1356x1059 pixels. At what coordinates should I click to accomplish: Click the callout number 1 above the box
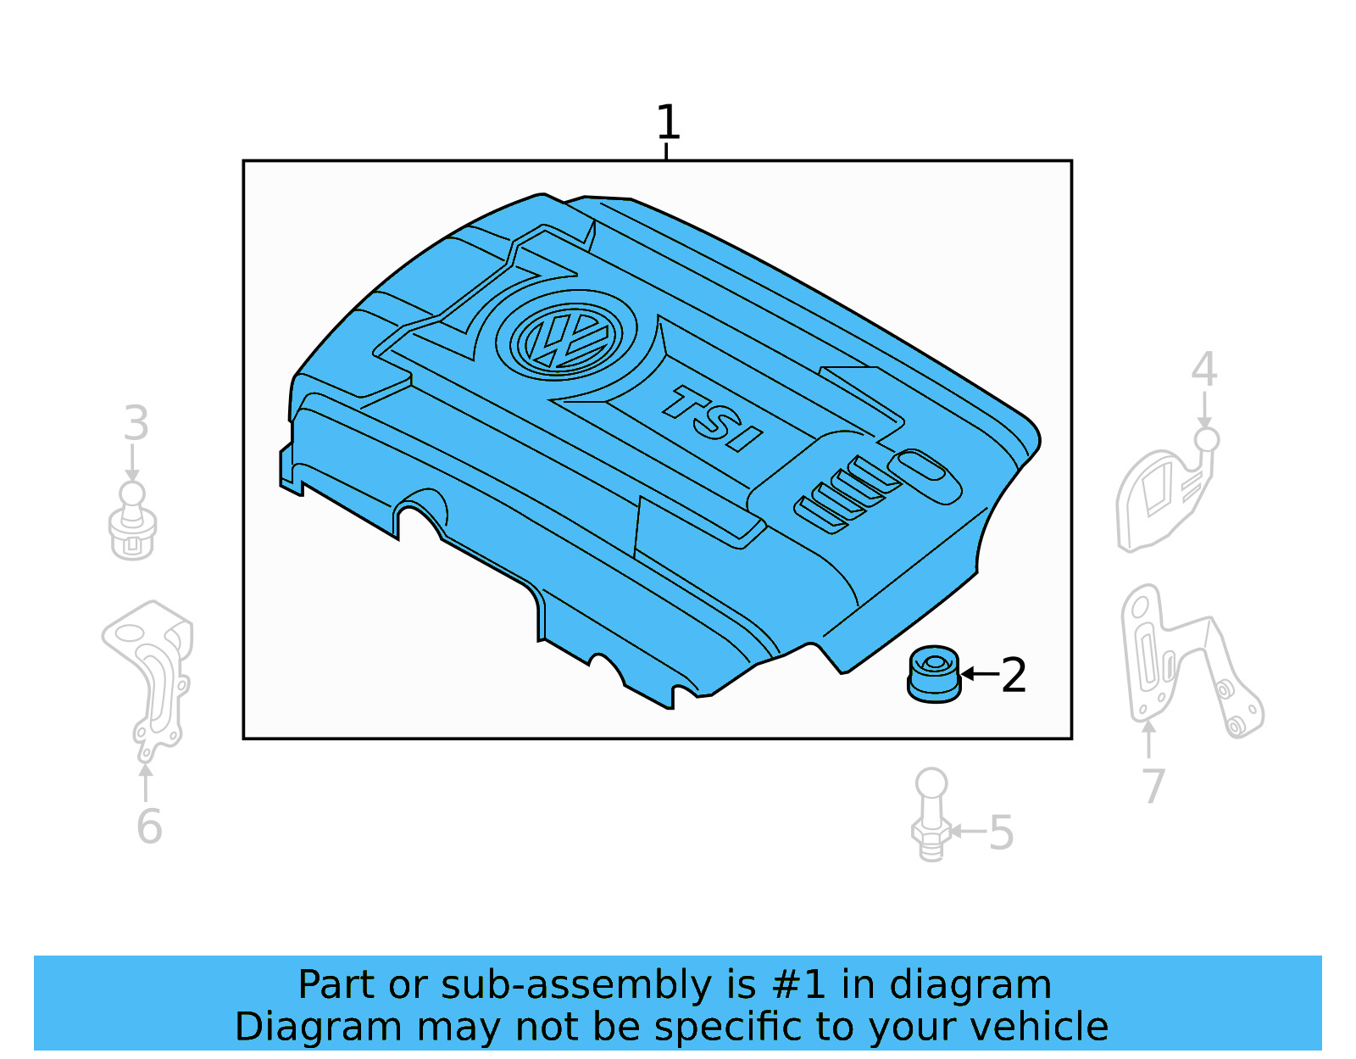(668, 123)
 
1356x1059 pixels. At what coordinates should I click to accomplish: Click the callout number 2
(1014, 675)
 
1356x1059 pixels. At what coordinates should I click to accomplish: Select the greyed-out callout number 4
(1203, 370)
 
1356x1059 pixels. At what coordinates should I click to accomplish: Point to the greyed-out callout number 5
(1001, 833)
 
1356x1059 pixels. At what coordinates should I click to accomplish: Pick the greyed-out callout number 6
(149, 827)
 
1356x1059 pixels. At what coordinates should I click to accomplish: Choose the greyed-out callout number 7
(1153, 786)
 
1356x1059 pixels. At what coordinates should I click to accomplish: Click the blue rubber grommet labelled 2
(934, 674)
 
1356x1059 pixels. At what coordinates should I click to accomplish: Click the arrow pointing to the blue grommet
(980, 674)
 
